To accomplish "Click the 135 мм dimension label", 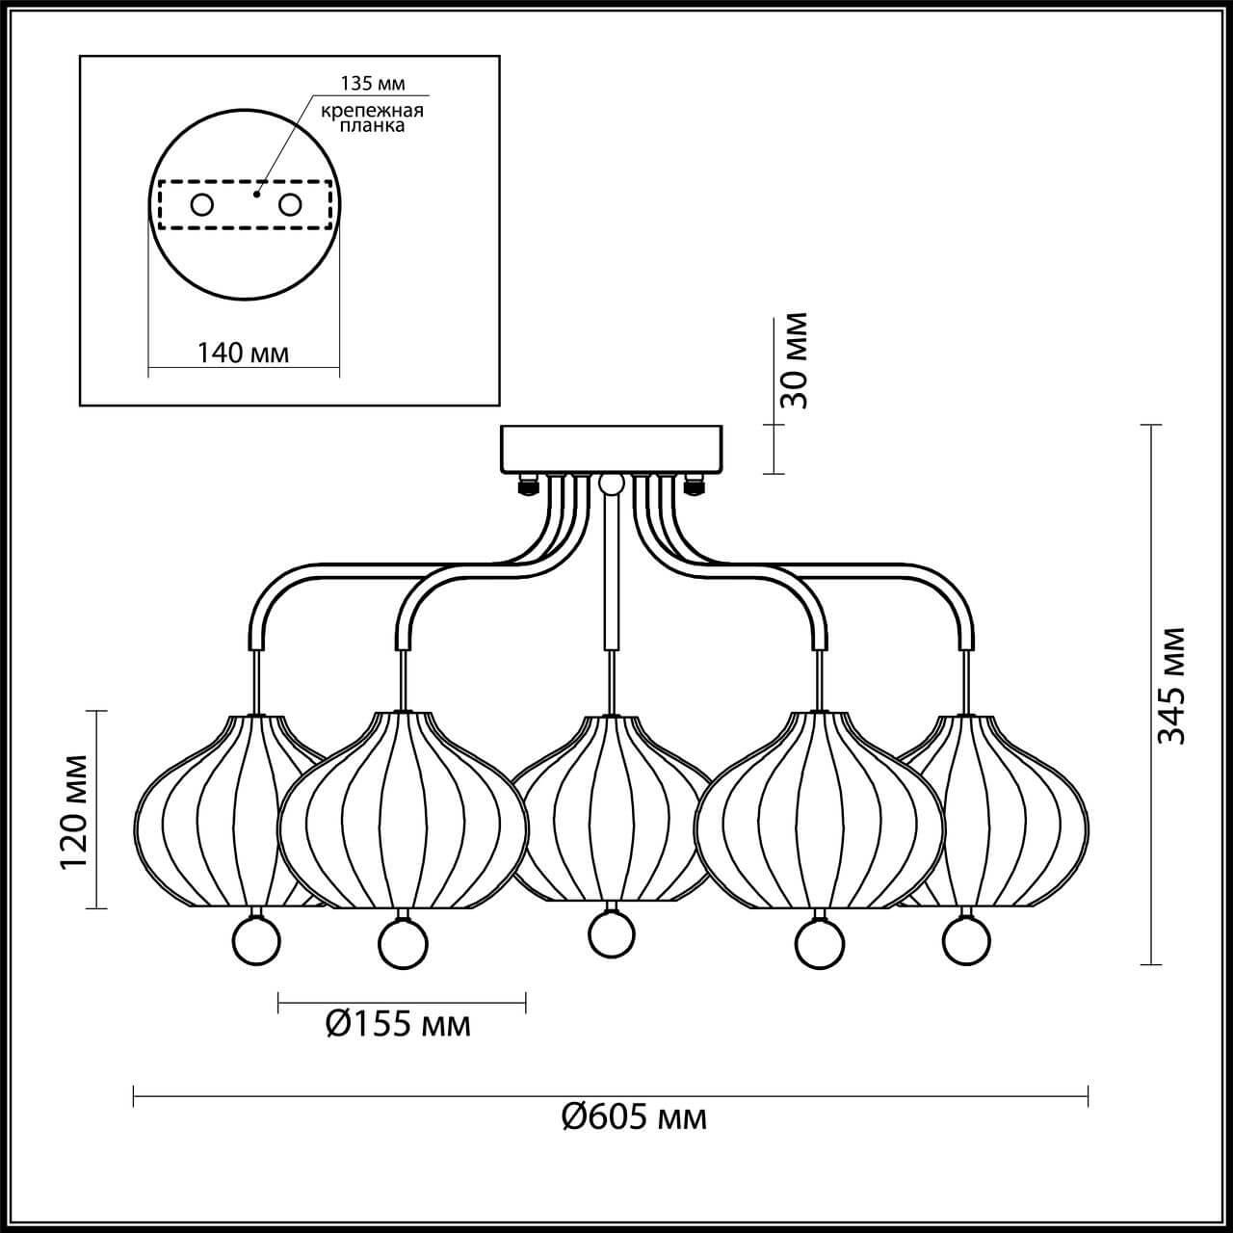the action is [x=373, y=83].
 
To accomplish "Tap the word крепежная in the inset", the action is [x=372, y=111].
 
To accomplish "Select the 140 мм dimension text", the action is [x=243, y=353].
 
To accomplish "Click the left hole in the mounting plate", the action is [x=202, y=205].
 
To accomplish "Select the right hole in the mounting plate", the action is [x=289, y=205].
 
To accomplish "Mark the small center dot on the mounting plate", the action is [x=256, y=194].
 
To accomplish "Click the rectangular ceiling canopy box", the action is [x=612, y=449].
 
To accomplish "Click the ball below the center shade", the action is [x=612, y=933].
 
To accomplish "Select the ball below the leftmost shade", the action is [x=256, y=942].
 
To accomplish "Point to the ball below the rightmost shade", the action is [x=966, y=942].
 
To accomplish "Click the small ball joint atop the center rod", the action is [x=612, y=485].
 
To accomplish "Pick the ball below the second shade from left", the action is [x=403, y=944].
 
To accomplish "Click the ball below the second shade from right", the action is [x=820, y=944].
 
